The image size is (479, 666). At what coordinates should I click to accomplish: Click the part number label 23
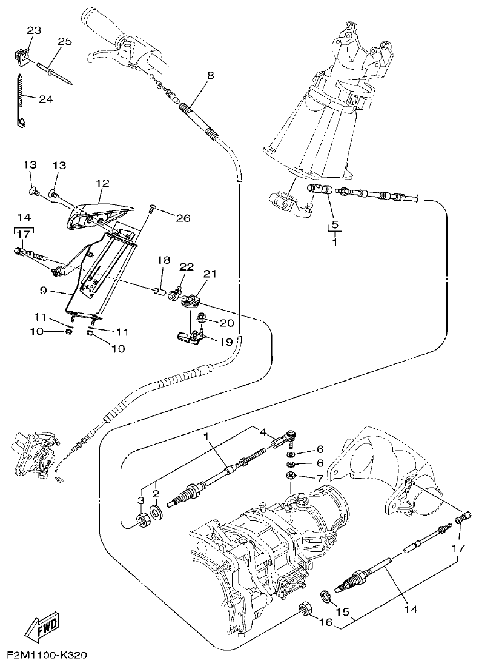(x=33, y=30)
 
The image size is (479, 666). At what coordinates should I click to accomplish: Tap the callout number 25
(x=64, y=41)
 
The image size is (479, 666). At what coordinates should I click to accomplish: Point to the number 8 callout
(x=211, y=76)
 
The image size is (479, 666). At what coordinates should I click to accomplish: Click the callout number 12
(x=102, y=182)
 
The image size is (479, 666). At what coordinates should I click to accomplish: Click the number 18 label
(x=164, y=260)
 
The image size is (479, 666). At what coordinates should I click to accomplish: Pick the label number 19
(x=226, y=341)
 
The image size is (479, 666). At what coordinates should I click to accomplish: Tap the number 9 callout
(x=44, y=291)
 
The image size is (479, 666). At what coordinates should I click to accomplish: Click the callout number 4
(x=263, y=432)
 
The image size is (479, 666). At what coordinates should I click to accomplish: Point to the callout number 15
(x=343, y=611)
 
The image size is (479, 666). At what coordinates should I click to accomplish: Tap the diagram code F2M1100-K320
(x=47, y=656)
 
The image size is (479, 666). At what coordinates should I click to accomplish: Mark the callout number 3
(x=140, y=501)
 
